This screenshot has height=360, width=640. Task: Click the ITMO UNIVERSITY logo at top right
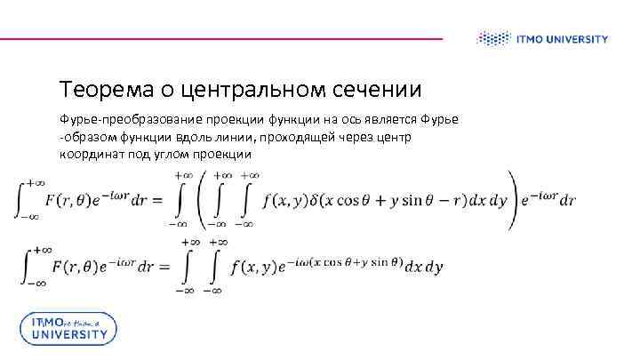pyautogui.click(x=542, y=38)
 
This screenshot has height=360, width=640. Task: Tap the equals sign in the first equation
pyautogui.click(x=155, y=202)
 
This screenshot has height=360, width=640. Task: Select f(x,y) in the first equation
pyautogui.click(x=284, y=201)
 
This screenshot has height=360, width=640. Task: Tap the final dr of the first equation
pyautogui.click(x=565, y=201)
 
